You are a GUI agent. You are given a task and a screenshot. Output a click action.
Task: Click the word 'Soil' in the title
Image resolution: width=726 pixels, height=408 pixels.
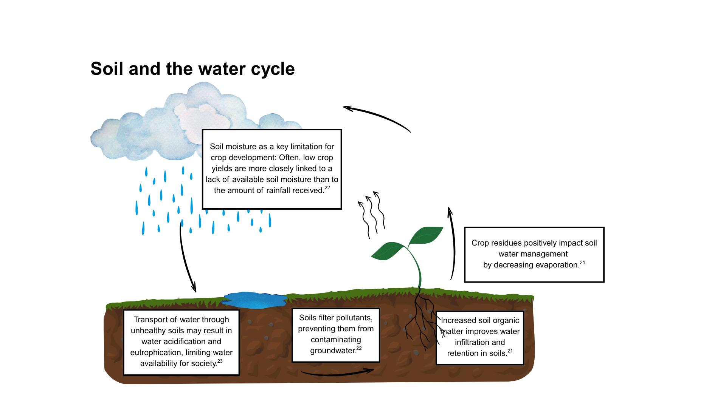coord(107,69)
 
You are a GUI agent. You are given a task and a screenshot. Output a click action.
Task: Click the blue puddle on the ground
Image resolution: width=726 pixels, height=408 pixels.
coord(254,300)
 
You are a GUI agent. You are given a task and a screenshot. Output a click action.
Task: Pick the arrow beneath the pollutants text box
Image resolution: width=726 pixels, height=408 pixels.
coord(338,373)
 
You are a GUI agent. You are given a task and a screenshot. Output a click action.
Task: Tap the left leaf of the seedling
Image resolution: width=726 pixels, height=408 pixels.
coord(388,251)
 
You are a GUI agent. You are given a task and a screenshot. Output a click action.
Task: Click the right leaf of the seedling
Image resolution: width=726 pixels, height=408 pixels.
coord(426,235)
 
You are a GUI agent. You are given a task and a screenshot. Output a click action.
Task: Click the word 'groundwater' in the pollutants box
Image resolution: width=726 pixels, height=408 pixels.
coord(333,351)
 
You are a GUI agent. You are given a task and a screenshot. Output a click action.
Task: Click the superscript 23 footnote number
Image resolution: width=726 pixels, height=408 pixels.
coord(220,361)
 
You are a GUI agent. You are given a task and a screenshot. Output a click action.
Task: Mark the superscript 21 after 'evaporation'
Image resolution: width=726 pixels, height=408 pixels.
coord(582,262)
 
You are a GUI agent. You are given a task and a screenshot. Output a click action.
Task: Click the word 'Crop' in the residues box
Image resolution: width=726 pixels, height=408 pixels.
coord(479,243)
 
